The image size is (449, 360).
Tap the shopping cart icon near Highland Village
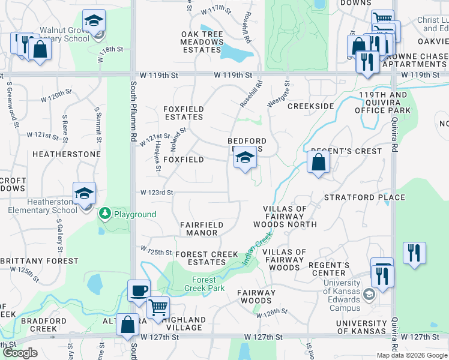tap(158, 307)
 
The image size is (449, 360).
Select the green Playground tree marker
tap(105, 214)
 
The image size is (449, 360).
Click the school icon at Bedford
tap(245, 159)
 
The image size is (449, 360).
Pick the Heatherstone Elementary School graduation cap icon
tap(85, 193)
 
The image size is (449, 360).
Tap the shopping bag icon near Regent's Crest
tap(318, 161)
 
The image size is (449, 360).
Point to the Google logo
tap(20, 353)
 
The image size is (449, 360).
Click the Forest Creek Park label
tap(208, 284)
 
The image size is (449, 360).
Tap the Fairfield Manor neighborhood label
tap(202, 229)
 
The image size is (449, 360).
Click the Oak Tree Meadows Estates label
tap(202, 42)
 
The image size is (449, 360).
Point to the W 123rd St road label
tap(157, 193)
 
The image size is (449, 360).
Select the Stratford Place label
tap(359, 197)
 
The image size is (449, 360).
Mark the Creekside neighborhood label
tap(310, 106)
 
